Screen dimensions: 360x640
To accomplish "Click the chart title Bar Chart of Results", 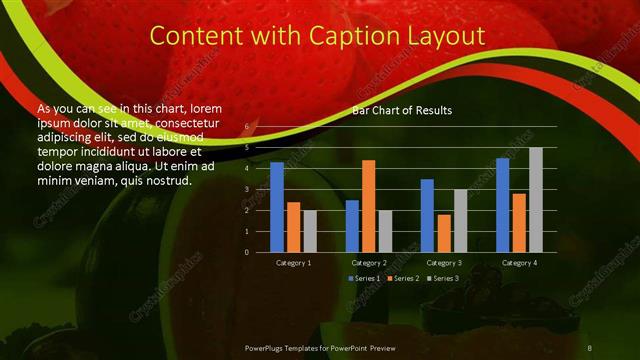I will pos(401,111).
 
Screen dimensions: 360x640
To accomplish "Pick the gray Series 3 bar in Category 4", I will pos(536,200).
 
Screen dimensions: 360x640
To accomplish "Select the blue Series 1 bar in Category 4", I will pos(503,205).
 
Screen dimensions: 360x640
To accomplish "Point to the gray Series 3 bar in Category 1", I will pos(310,231).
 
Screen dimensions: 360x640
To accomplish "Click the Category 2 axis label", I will pos(369,263).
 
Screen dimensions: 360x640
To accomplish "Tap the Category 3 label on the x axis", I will pos(444,263).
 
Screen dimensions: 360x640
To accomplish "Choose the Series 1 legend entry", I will pos(364,277).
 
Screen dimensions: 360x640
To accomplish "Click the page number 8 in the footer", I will pos(589,347).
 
